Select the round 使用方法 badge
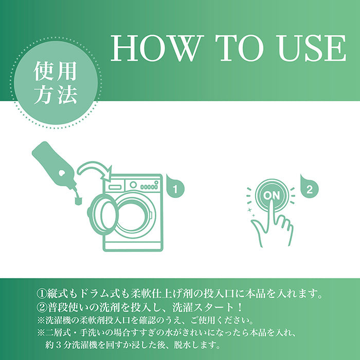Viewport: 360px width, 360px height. tap(56, 83)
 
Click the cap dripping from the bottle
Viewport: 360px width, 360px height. tap(77, 198)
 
